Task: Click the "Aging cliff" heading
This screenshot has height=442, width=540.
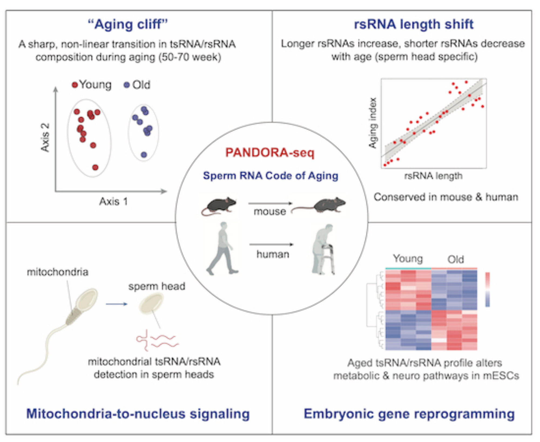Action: pyautogui.click(x=128, y=24)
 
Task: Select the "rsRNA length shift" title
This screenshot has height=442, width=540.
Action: pyautogui.click(x=413, y=24)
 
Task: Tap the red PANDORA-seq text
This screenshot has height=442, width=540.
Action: pyautogui.click(x=270, y=153)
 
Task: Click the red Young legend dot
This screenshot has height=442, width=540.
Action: pyautogui.click(x=75, y=85)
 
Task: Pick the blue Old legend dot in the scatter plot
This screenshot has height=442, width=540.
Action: pyautogui.click(x=126, y=85)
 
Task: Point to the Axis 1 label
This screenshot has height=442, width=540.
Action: pyautogui.click(x=113, y=202)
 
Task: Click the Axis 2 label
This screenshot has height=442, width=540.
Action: pyautogui.click(x=45, y=138)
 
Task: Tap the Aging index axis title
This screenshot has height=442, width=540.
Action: pyautogui.click(x=373, y=123)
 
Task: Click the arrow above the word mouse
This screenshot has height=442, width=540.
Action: pyautogui.click(x=270, y=203)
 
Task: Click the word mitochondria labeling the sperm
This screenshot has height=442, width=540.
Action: pyautogui.click(x=58, y=272)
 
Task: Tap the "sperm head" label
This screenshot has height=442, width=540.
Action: pyautogui.click(x=157, y=286)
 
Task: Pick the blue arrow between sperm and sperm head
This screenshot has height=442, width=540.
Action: pyautogui.click(x=116, y=304)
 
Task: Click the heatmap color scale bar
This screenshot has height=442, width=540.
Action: pyautogui.click(x=487, y=289)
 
